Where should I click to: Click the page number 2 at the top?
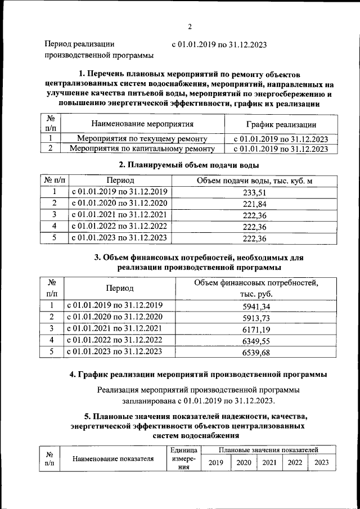pos(190,26)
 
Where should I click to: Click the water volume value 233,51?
pos(254,192)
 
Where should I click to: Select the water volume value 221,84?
pos(254,203)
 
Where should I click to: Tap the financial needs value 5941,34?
pos(256,306)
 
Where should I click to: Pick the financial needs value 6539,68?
pos(256,352)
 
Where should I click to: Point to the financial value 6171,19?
pos(256,329)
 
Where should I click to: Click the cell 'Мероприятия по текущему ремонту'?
pos(142,138)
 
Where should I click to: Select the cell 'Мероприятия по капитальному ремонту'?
pos(142,149)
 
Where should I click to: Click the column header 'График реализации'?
pos(281,124)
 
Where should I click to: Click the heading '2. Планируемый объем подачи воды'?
pos(189,165)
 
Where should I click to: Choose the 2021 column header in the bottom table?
pos(269,462)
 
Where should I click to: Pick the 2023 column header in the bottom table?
pos(322,462)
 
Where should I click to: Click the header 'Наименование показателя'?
pos(113,458)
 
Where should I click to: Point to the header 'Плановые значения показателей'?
pos(269,450)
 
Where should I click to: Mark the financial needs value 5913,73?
pos(256,318)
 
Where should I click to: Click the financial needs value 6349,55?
pos(256,340)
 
